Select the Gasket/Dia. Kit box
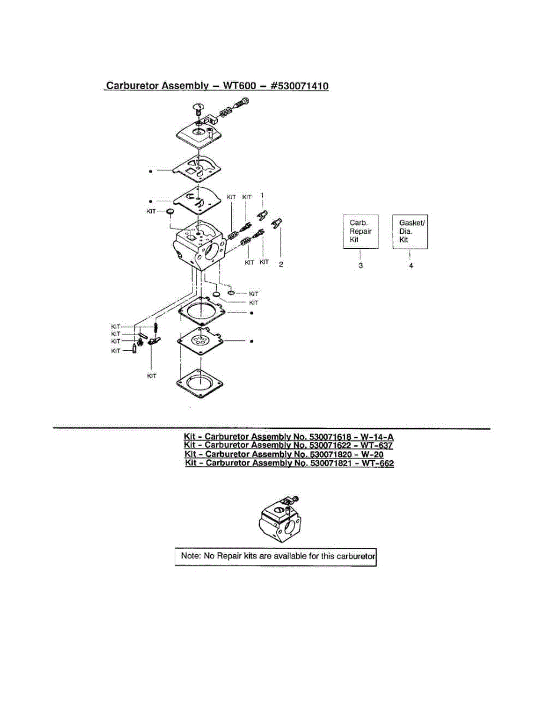(x=410, y=231)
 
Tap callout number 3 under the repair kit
(x=361, y=265)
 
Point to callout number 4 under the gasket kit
(x=411, y=266)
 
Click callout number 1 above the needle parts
(x=263, y=195)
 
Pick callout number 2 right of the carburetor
(x=281, y=264)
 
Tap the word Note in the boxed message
(x=190, y=556)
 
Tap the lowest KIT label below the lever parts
(x=152, y=376)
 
